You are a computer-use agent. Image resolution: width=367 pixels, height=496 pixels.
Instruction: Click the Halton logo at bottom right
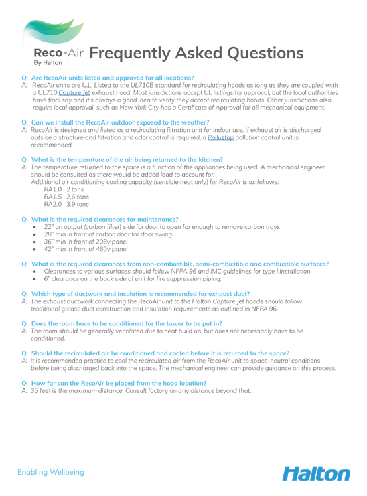click(x=315, y=473)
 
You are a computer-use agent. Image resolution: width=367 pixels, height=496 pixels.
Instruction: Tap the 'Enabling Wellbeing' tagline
click(x=51, y=473)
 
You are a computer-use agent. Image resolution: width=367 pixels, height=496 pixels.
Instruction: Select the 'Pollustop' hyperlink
click(x=220, y=137)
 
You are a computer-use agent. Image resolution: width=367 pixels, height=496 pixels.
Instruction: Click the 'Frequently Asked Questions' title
click(x=196, y=53)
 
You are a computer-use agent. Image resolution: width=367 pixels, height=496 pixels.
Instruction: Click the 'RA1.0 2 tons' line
click(x=64, y=190)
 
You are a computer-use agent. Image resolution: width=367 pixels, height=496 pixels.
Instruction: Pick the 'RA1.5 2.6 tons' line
click(x=66, y=197)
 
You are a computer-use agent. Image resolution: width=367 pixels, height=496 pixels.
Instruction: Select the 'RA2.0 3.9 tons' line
click(x=66, y=205)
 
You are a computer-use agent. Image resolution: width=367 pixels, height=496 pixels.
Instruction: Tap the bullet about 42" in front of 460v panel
click(x=85, y=249)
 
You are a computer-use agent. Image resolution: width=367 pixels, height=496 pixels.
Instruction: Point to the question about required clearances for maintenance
click(x=104, y=219)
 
